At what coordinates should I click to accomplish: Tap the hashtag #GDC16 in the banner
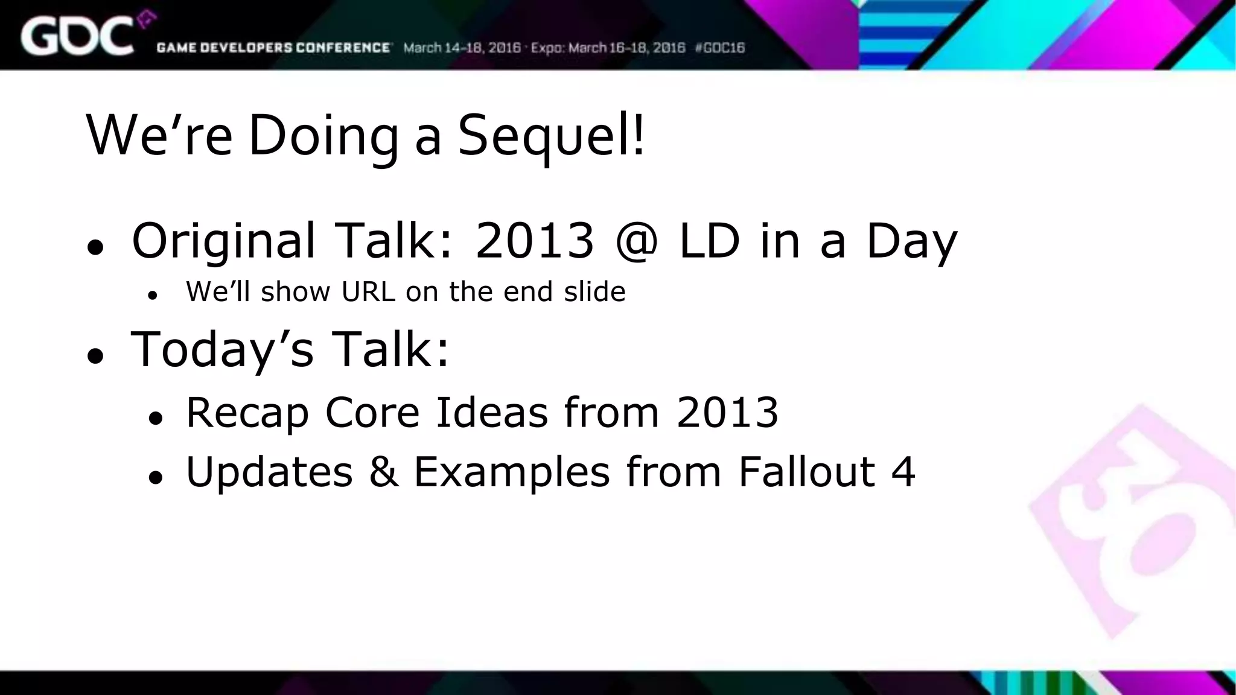(720, 48)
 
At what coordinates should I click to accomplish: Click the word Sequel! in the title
(550, 136)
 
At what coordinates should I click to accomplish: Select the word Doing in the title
(323, 136)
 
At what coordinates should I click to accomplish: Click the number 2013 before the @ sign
(535, 240)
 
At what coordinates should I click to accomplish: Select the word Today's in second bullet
(222, 350)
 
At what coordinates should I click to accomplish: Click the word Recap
(247, 414)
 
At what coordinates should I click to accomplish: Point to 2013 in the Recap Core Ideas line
(727, 413)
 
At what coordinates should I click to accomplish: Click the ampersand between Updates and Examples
(384, 471)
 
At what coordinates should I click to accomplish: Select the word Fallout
(806, 471)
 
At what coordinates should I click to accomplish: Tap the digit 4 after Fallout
(903, 471)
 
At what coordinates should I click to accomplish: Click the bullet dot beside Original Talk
(95, 247)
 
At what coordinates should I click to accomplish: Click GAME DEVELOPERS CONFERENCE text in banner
(273, 48)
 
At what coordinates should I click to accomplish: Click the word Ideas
(492, 413)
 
